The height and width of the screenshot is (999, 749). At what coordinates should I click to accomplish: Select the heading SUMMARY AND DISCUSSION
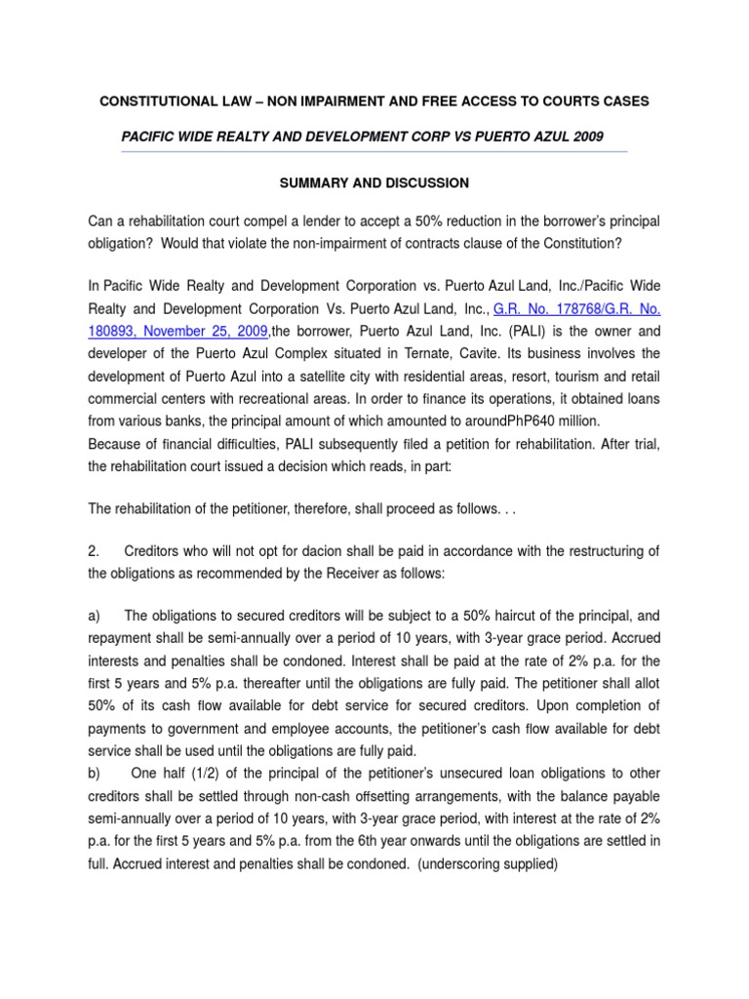coord(374,182)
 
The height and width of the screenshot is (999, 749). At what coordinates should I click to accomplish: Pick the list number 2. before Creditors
coord(94,551)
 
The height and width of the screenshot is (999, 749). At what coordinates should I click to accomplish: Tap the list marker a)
coord(96,616)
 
